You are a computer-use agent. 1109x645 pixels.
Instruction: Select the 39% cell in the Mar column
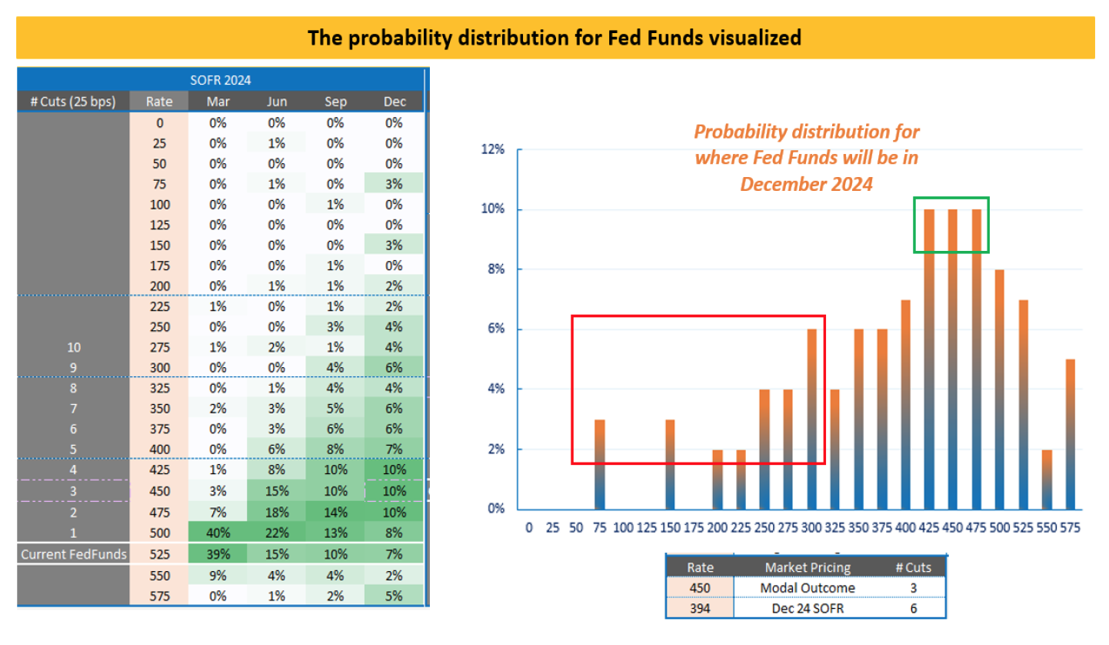pyautogui.click(x=217, y=554)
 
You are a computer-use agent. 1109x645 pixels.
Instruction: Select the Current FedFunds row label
pyautogui.click(x=73, y=554)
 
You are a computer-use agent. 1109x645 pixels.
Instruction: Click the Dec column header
pyautogui.click(x=394, y=102)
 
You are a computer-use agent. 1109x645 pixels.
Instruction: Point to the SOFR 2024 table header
pyautogui.click(x=221, y=79)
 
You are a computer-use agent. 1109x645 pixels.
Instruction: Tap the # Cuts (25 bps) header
pyautogui.click(x=73, y=102)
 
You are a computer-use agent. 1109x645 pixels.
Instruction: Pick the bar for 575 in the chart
pyautogui.click(x=1070, y=434)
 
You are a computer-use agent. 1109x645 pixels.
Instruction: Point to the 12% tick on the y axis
pyautogui.click(x=492, y=150)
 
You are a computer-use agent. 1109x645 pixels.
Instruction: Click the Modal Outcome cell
pyautogui.click(x=807, y=588)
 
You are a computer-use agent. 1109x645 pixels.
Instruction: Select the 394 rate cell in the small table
pyautogui.click(x=700, y=608)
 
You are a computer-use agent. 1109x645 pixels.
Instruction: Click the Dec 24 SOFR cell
pyautogui.click(x=807, y=608)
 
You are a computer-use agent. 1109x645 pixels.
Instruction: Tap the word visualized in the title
pyautogui.click(x=752, y=37)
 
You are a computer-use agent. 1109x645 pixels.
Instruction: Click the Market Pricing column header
pyautogui.click(x=807, y=568)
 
